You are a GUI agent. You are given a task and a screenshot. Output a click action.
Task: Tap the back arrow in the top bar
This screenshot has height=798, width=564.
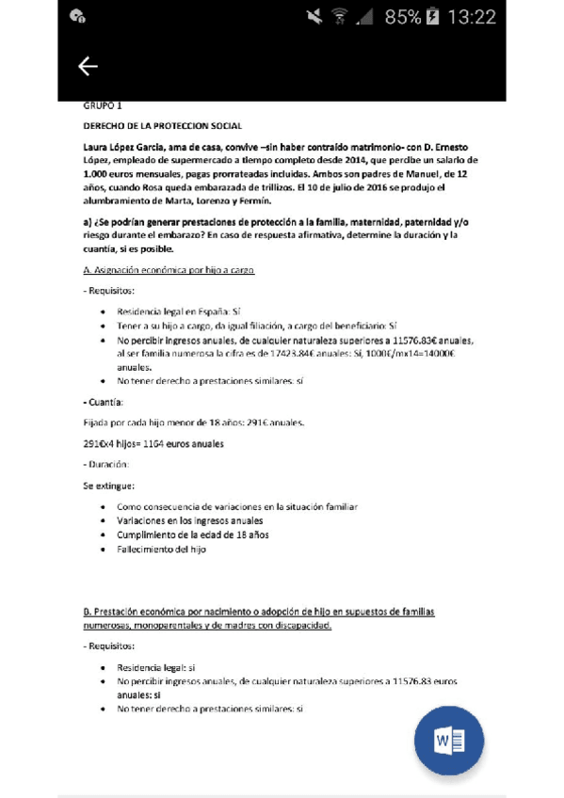(88, 66)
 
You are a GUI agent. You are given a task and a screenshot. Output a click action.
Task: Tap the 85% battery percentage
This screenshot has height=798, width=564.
(403, 17)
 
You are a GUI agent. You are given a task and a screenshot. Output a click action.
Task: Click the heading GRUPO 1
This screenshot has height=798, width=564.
(103, 106)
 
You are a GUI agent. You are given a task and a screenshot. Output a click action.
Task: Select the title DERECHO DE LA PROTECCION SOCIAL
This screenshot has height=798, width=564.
(163, 125)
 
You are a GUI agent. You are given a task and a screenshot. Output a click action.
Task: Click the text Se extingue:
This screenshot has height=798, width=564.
(108, 487)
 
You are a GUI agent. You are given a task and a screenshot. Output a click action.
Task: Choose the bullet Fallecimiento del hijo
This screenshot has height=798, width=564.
(161, 549)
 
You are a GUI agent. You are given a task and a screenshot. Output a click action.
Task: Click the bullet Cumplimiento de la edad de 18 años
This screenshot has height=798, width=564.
(192, 535)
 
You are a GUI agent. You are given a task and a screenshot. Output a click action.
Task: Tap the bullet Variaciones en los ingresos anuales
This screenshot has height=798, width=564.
(189, 520)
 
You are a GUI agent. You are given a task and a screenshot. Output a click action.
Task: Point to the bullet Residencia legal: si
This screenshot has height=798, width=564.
(155, 667)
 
